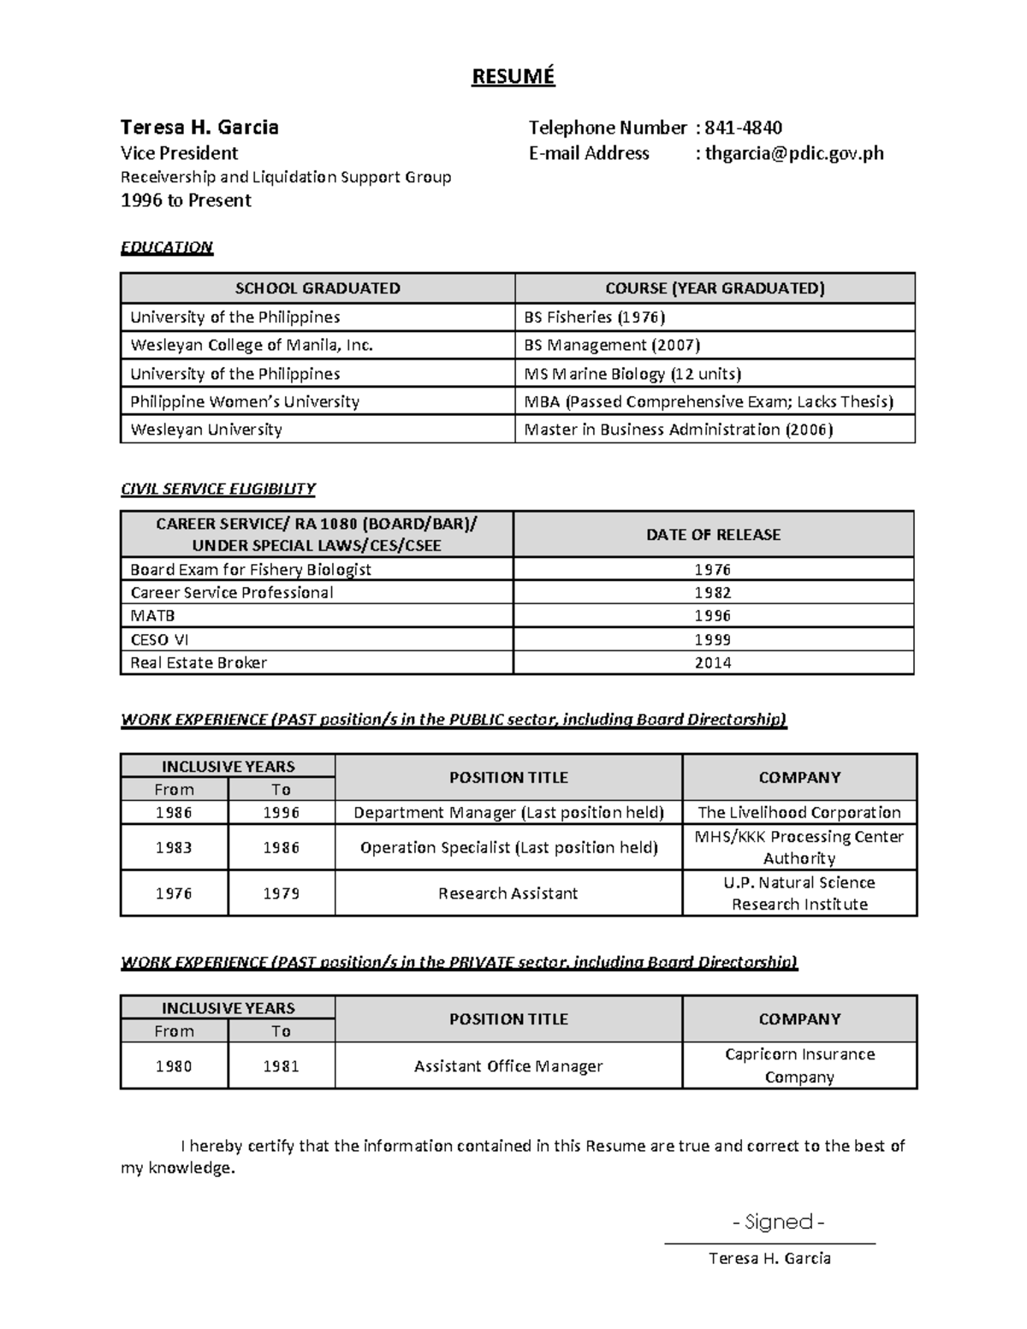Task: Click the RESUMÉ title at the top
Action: [x=513, y=76]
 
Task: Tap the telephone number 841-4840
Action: [x=742, y=128]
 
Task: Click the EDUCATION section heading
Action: [x=166, y=247]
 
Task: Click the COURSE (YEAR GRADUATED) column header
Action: [x=715, y=288]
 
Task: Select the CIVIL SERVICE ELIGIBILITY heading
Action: [x=217, y=489]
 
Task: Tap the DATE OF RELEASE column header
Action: [x=713, y=534]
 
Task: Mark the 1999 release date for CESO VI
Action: [x=713, y=639]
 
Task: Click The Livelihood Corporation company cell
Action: [x=799, y=812]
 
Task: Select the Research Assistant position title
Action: [x=508, y=893]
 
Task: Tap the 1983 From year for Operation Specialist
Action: [x=174, y=847]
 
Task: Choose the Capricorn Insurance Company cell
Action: [x=799, y=1065]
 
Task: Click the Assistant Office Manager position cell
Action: [x=508, y=1066]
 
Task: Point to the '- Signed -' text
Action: [x=778, y=1222]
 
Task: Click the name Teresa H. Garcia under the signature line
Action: [x=769, y=1258]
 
